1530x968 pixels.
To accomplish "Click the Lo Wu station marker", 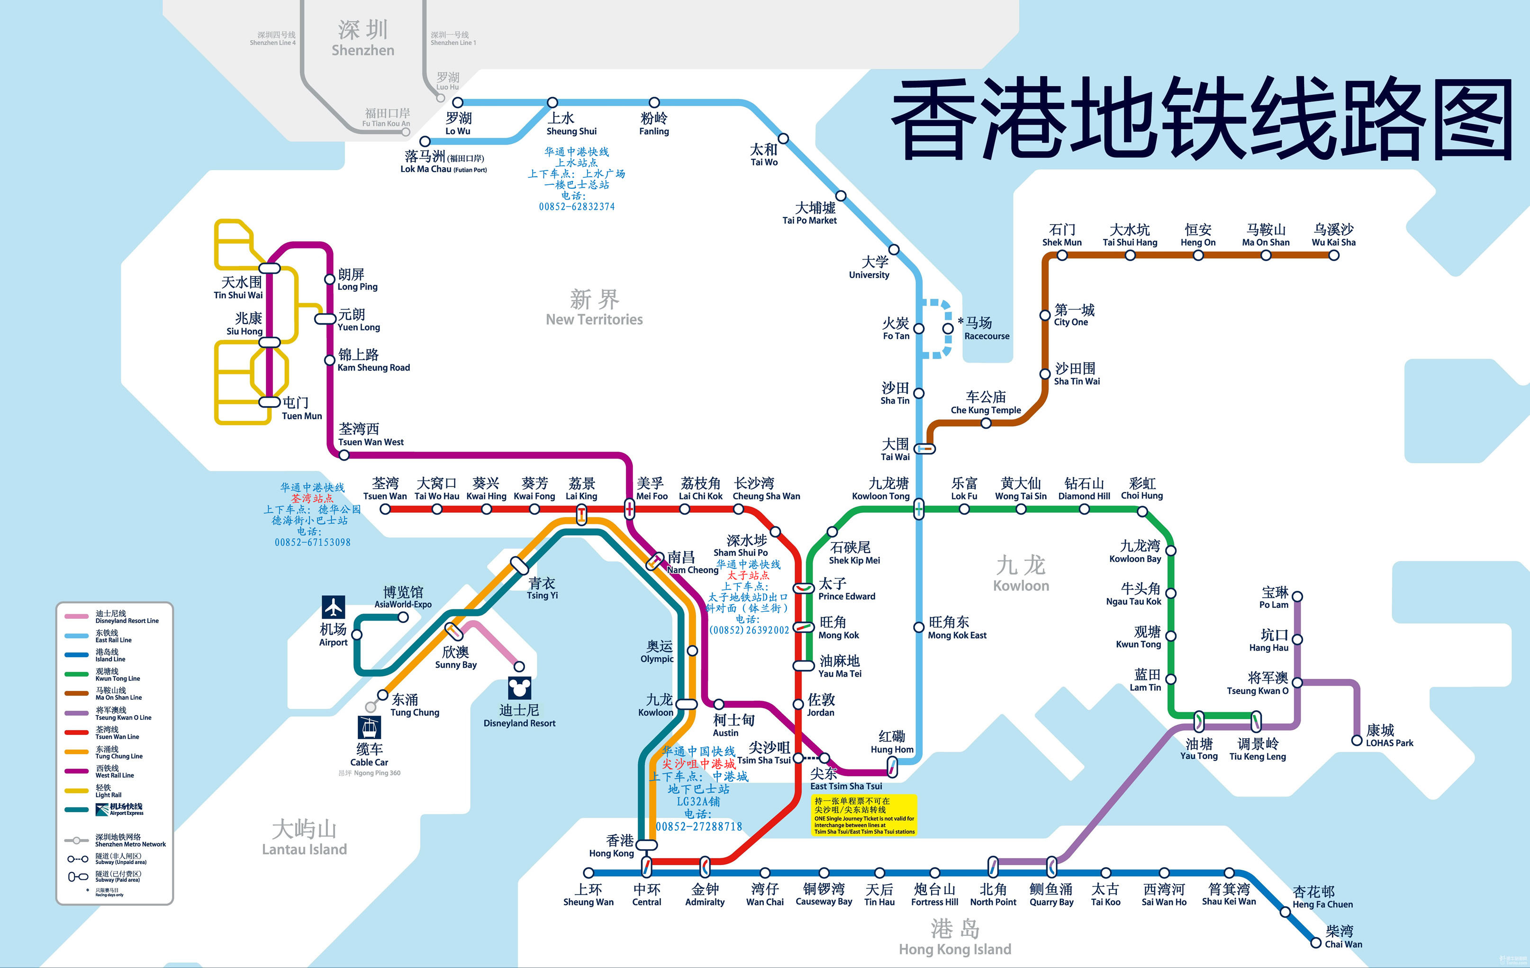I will (457, 102).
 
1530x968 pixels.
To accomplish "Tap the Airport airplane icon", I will (333, 607).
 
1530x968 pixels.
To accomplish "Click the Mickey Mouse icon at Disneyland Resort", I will (519, 688).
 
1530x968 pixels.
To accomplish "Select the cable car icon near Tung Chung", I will (369, 727).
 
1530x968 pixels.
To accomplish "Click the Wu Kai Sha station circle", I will (1334, 255).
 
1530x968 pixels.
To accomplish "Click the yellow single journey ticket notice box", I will (864, 815).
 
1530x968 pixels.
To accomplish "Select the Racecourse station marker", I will (947, 328).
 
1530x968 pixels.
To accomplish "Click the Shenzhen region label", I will (363, 38).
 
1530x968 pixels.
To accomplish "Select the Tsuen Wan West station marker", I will (344, 455).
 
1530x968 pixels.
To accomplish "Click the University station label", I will (869, 267).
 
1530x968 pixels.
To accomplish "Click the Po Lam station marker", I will (1297, 597).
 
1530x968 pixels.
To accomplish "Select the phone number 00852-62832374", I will (576, 207).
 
